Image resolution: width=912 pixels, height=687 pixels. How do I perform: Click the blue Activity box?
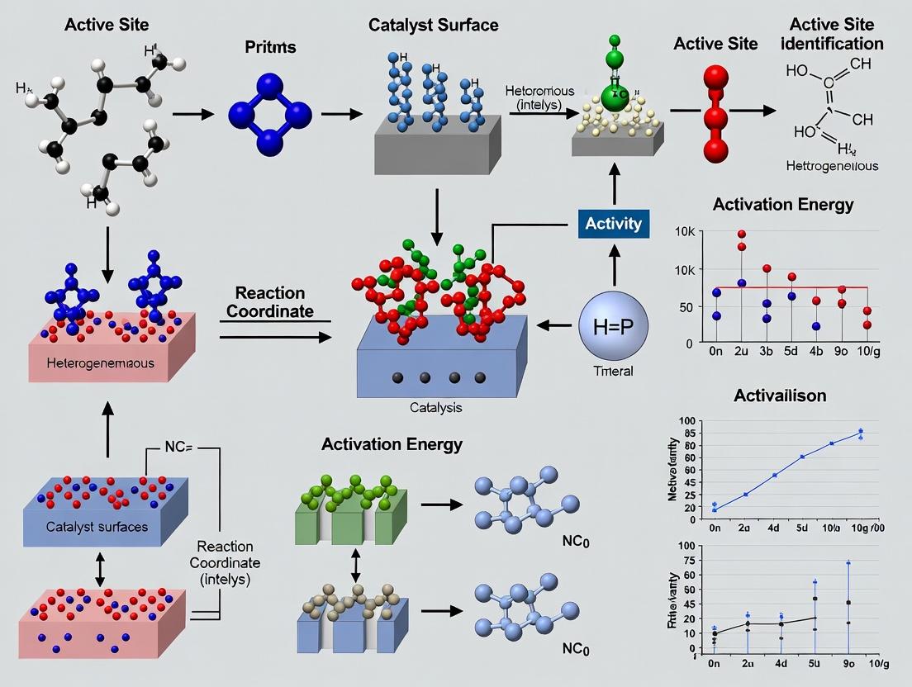pyautogui.click(x=613, y=223)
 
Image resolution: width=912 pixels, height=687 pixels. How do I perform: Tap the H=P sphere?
pyautogui.click(x=613, y=325)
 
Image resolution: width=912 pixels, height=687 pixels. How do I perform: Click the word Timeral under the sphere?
pyautogui.click(x=613, y=371)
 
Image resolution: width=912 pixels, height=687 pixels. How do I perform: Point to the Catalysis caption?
pyautogui.click(x=436, y=407)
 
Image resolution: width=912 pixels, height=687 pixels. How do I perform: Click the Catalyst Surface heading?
pyautogui.click(x=434, y=25)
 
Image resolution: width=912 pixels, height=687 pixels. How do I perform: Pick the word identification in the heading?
pyautogui.click(x=836, y=43)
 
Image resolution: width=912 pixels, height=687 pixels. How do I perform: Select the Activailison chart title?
pyautogui.click(x=779, y=396)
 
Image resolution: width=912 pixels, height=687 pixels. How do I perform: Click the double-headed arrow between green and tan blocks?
pyautogui.click(x=356, y=563)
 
